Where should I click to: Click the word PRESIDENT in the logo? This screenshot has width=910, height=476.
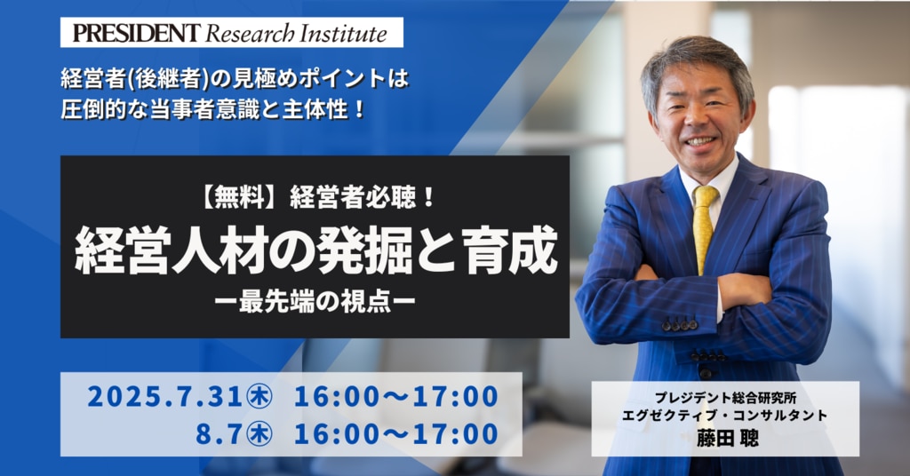point(136,33)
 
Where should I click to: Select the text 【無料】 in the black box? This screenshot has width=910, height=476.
point(239,199)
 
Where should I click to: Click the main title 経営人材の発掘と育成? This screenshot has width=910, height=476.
point(316,253)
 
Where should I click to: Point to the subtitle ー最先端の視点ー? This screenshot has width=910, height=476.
point(315,303)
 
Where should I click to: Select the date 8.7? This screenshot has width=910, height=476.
point(219,434)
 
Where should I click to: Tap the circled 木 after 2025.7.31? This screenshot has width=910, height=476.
point(259,397)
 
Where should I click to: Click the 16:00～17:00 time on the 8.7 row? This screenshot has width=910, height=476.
point(395,434)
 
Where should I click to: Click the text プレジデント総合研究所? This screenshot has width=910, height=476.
point(725,398)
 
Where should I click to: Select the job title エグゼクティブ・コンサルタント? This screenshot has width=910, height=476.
point(725,416)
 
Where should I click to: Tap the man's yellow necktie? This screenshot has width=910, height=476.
point(704,227)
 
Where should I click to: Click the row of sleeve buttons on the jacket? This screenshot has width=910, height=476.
point(680,325)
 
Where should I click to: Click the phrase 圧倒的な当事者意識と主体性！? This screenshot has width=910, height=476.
point(213,109)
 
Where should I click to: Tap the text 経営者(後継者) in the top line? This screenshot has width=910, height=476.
point(135,79)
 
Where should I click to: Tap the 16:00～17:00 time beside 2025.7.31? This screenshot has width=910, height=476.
point(395,397)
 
